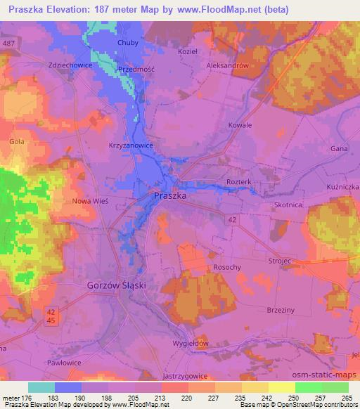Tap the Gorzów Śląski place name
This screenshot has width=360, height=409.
(120, 287)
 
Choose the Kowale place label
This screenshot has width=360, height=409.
(240, 125)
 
